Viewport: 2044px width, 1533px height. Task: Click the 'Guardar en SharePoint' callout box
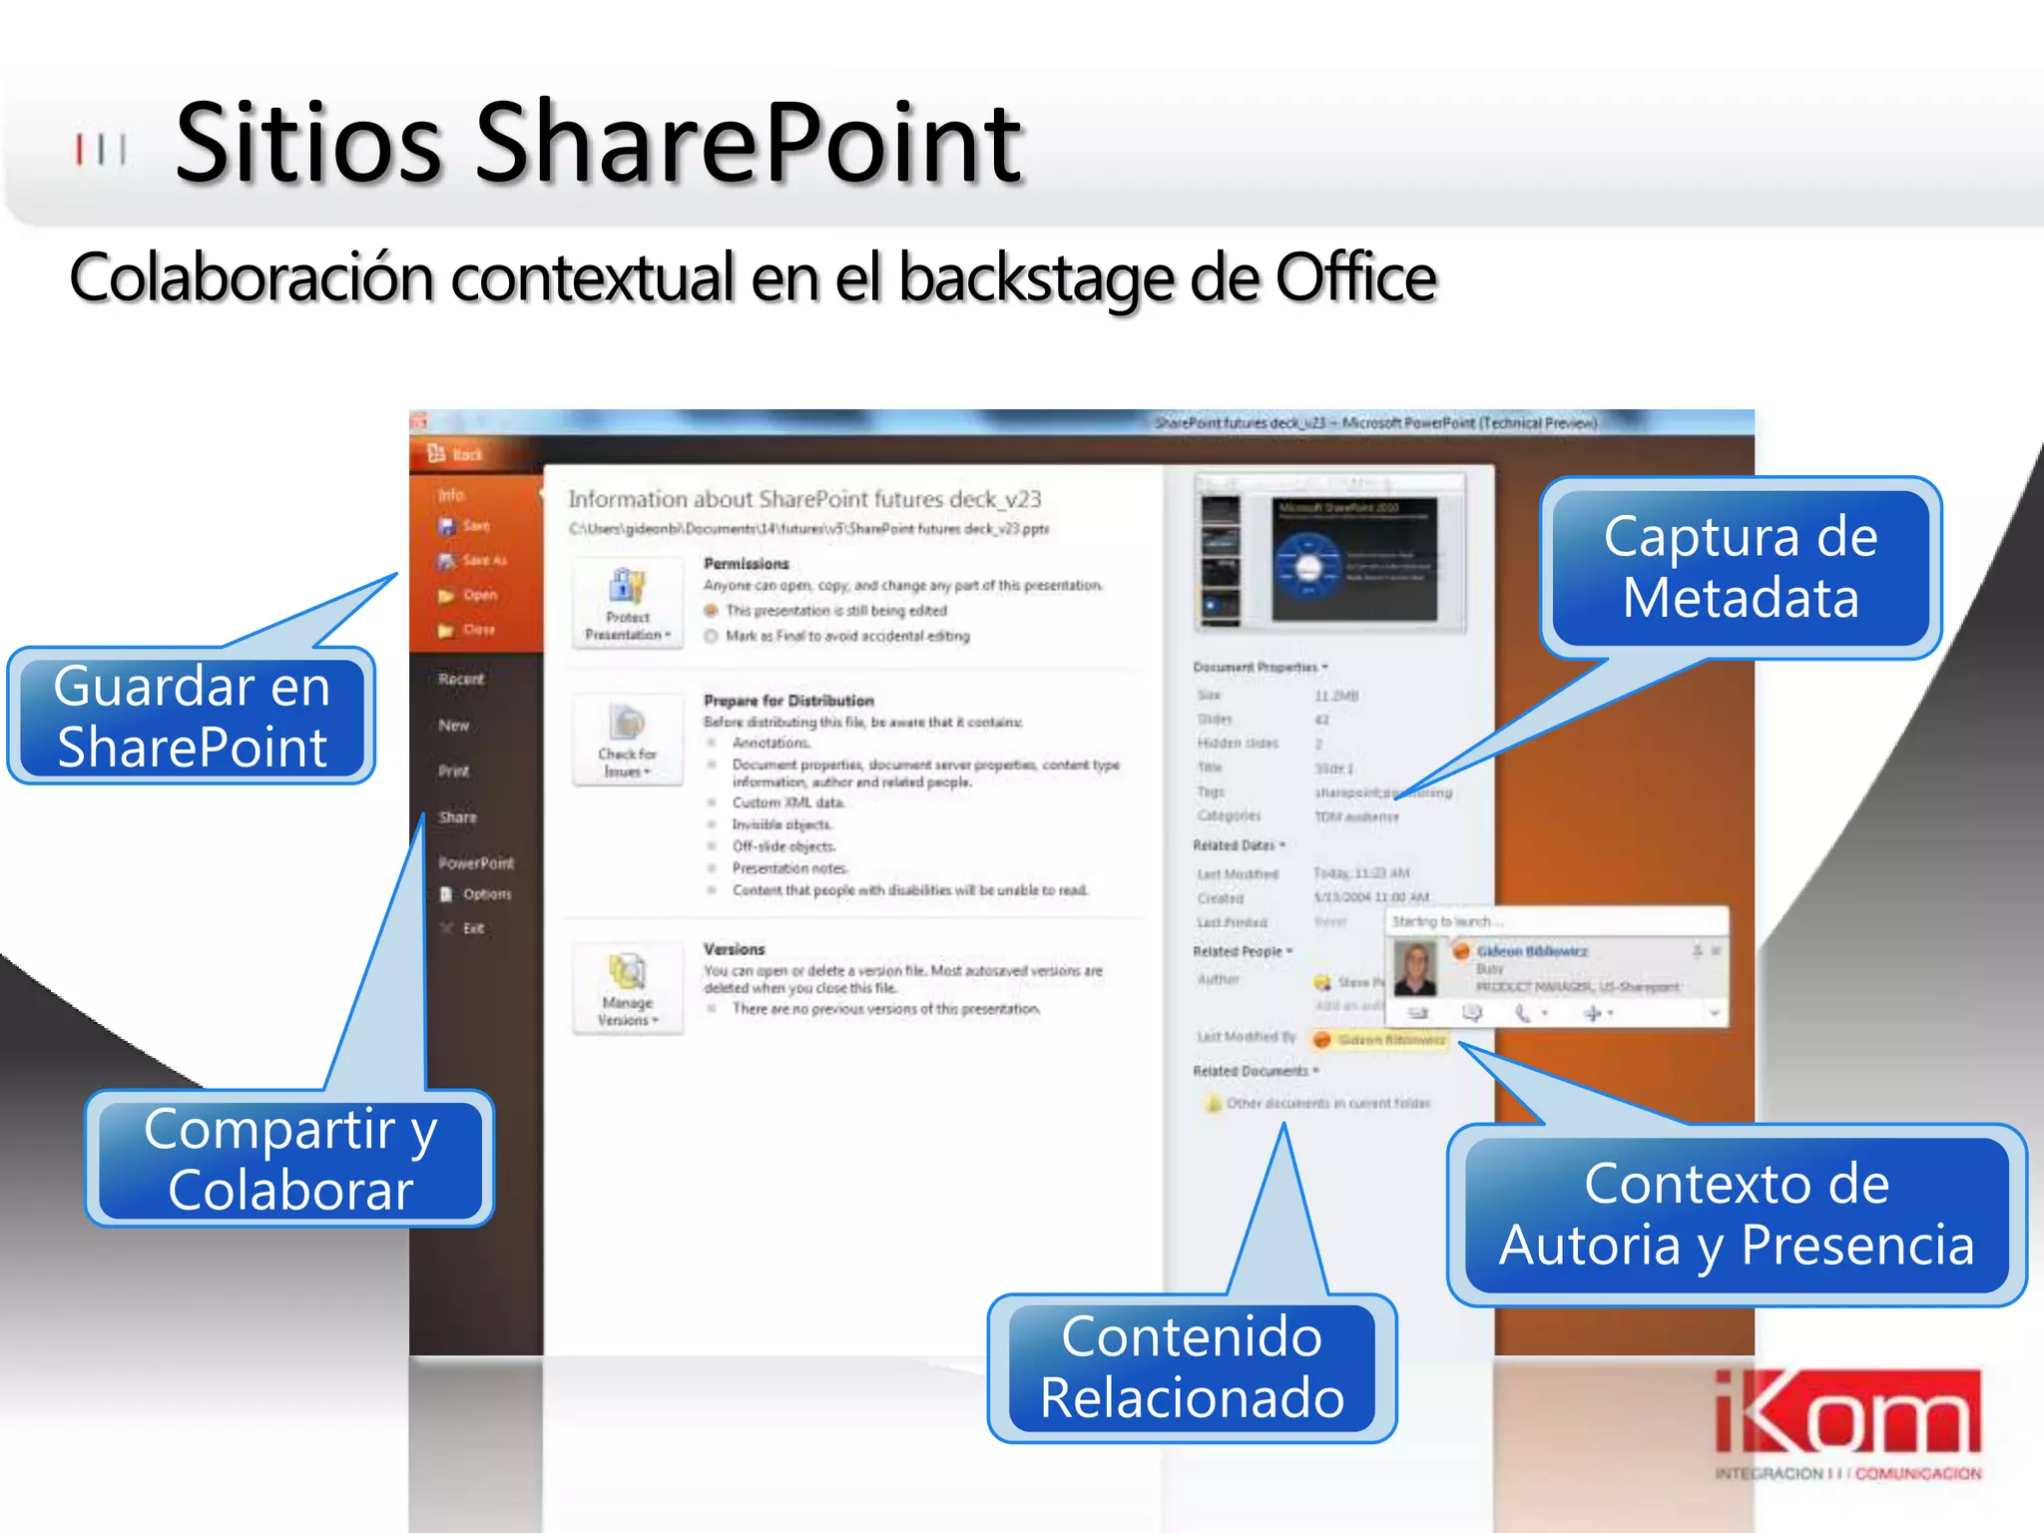[192, 717]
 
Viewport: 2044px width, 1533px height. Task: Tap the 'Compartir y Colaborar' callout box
[289, 1159]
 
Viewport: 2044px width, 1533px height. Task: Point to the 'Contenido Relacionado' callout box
[1192, 1367]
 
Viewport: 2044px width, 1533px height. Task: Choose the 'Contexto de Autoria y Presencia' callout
[1737, 1215]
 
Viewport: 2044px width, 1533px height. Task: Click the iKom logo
[1847, 1422]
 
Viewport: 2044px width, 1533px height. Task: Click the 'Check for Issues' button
[628, 741]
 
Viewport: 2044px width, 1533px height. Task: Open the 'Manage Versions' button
[628, 988]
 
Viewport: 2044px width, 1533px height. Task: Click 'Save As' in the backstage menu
[483, 561]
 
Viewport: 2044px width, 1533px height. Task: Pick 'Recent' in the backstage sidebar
[461, 680]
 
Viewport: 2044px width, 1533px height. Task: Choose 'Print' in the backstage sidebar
[453, 771]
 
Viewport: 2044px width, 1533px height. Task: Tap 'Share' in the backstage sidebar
[458, 817]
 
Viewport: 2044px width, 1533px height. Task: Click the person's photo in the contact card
[1415, 969]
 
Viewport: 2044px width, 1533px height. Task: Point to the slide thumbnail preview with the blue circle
[1353, 559]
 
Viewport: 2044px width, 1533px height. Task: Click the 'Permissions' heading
[746, 564]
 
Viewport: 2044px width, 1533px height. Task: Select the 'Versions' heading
[734, 949]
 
